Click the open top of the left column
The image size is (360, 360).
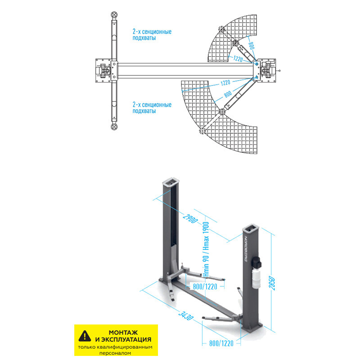coord(171,183)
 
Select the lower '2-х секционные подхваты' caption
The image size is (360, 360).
coord(152,108)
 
